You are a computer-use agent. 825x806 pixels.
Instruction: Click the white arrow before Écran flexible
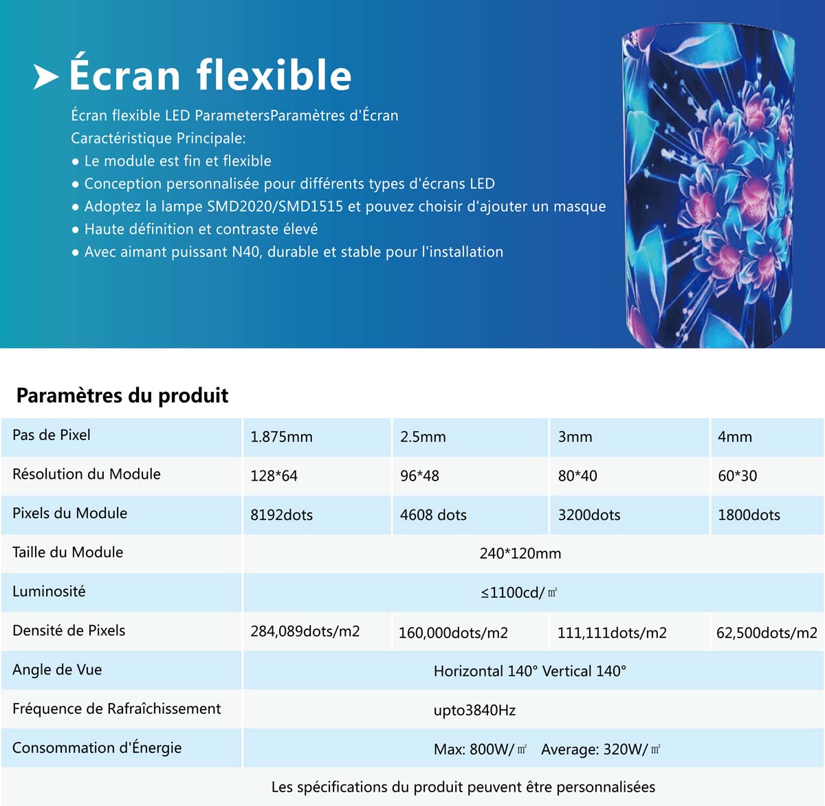click(x=46, y=77)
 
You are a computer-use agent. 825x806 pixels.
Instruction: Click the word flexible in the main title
click(x=274, y=75)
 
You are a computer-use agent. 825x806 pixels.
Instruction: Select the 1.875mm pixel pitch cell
click(x=281, y=437)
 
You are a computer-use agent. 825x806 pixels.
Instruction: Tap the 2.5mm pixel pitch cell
click(x=423, y=437)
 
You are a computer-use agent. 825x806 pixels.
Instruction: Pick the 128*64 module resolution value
click(x=274, y=476)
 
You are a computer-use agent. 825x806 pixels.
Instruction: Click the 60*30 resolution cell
click(x=737, y=476)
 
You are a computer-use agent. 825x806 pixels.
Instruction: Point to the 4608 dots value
click(x=433, y=514)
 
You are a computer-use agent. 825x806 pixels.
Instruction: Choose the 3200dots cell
click(x=589, y=514)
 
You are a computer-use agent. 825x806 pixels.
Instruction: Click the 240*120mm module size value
click(x=520, y=554)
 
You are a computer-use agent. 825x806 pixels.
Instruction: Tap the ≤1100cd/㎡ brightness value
click(x=518, y=592)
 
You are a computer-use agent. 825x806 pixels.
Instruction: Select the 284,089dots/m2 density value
click(x=305, y=631)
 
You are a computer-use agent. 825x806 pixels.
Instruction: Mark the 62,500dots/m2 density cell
click(x=767, y=633)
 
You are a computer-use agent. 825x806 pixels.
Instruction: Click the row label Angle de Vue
click(x=57, y=669)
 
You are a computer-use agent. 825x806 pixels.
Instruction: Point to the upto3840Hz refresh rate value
click(x=474, y=710)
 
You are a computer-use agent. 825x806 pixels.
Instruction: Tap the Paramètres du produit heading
click(x=122, y=395)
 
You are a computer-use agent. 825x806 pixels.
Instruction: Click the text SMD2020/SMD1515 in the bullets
click(x=275, y=206)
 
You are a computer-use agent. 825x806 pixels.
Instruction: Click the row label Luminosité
click(x=49, y=591)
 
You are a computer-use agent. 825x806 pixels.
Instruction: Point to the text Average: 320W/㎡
click(x=601, y=749)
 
